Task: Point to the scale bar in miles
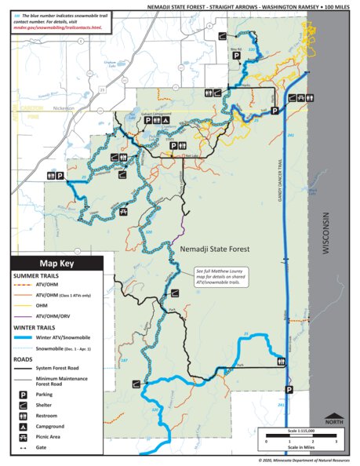[289, 435]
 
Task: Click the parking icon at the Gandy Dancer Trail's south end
[289, 389]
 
